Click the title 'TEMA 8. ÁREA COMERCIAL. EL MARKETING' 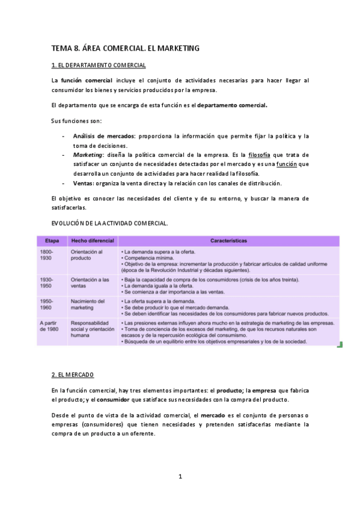tap(125, 47)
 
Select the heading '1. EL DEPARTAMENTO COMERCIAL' tap(99, 64)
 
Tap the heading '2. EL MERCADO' tap(73, 375)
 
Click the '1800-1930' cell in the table tap(48, 255)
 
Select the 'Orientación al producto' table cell tap(87, 255)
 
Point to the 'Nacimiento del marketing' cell tap(88, 304)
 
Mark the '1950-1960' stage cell tap(48, 304)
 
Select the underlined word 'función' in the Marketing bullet tap(286, 164)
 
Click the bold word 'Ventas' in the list tap(84, 183)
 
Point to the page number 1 tap(180, 476)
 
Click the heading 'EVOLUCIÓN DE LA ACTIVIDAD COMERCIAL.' tap(110, 223)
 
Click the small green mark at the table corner tap(339, 345)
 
